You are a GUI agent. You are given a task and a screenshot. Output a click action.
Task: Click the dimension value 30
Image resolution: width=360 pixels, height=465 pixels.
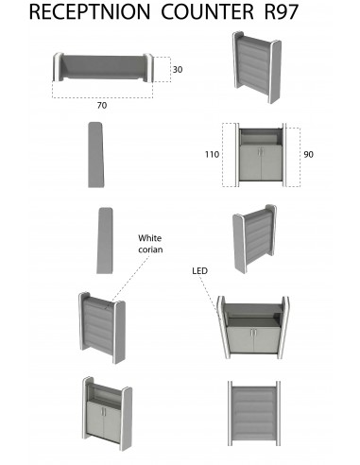[x=177, y=70]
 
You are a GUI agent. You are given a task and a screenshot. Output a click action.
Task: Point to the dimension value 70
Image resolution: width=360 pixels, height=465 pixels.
[x=101, y=106]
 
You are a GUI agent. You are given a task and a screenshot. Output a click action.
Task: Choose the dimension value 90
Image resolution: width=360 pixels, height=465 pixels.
[x=308, y=153]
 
